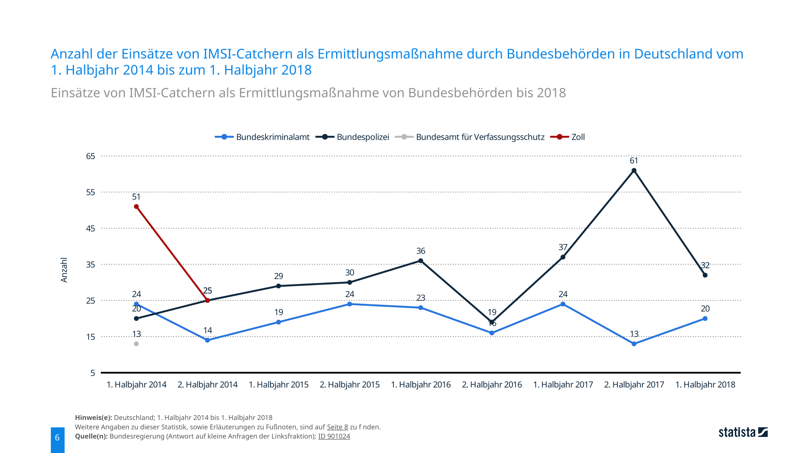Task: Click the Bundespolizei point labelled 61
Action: pyautogui.click(x=634, y=171)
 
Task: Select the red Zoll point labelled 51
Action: pyautogui.click(x=136, y=207)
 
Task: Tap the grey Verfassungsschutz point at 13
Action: pyautogui.click(x=136, y=344)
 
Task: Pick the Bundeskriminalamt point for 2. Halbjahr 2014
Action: pyautogui.click(x=208, y=340)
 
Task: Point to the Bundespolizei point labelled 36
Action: pyautogui.click(x=421, y=261)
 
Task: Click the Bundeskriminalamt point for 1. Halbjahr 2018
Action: pyautogui.click(x=705, y=319)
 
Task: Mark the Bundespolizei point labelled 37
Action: pyautogui.click(x=563, y=257)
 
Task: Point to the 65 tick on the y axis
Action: pyautogui.click(x=91, y=156)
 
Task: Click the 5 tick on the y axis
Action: pyautogui.click(x=93, y=373)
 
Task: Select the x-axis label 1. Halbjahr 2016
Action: pyautogui.click(x=421, y=385)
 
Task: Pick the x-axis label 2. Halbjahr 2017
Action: pyautogui.click(x=634, y=385)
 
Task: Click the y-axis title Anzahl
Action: pyautogui.click(x=64, y=270)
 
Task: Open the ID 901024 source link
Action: pyautogui.click(x=334, y=436)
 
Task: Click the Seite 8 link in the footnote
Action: pyautogui.click(x=337, y=427)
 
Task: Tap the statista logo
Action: pyautogui.click(x=743, y=432)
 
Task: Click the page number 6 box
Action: pyautogui.click(x=57, y=438)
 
